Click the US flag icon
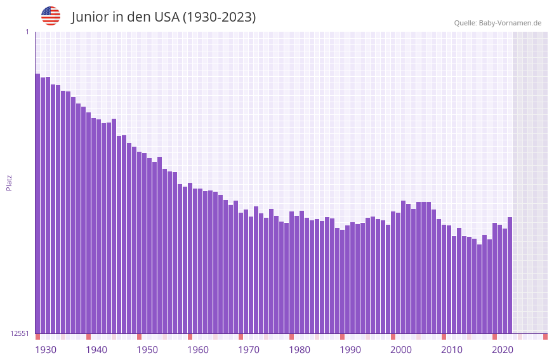pyautogui.click(x=51, y=16)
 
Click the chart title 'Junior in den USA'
pyautogui.click(x=163, y=17)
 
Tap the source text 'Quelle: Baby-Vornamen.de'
pyautogui.click(x=498, y=23)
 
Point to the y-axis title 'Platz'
pyautogui.click(x=9, y=182)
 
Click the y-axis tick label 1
pyautogui.click(x=27, y=32)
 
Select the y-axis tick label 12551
pyautogui.click(x=20, y=333)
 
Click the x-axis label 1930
pyautogui.click(x=46, y=350)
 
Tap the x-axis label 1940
pyautogui.click(x=96, y=350)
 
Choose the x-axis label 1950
pyautogui.click(x=147, y=350)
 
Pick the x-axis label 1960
pyautogui.click(x=198, y=350)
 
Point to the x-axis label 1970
pyautogui.click(x=249, y=350)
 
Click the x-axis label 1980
pyautogui.click(x=300, y=350)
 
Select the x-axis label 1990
pyautogui.click(x=350, y=350)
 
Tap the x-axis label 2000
pyautogui.click(x=401, y=350)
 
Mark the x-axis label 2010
pyautogui.click(x=452, y=350)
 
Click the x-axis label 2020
pyautogui.click(x=503, y=350)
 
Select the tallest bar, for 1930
pyautogui.click(x=37, y=203)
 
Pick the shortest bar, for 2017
pyautogui.click(x=479, y=289)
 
